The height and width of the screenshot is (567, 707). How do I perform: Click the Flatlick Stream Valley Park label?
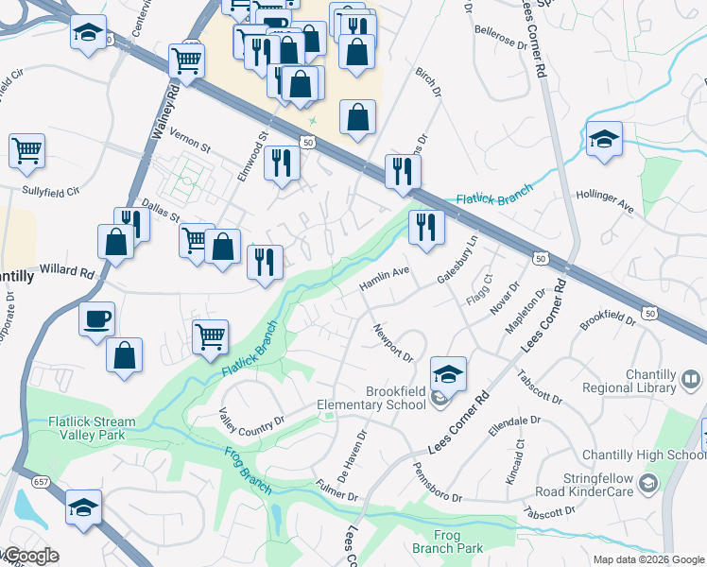coord(89,429)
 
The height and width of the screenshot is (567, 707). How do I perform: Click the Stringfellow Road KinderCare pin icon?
coord(647,484)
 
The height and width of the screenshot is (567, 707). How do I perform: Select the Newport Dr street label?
coord(393,344)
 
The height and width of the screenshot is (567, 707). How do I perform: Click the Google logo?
coord(31,556)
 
